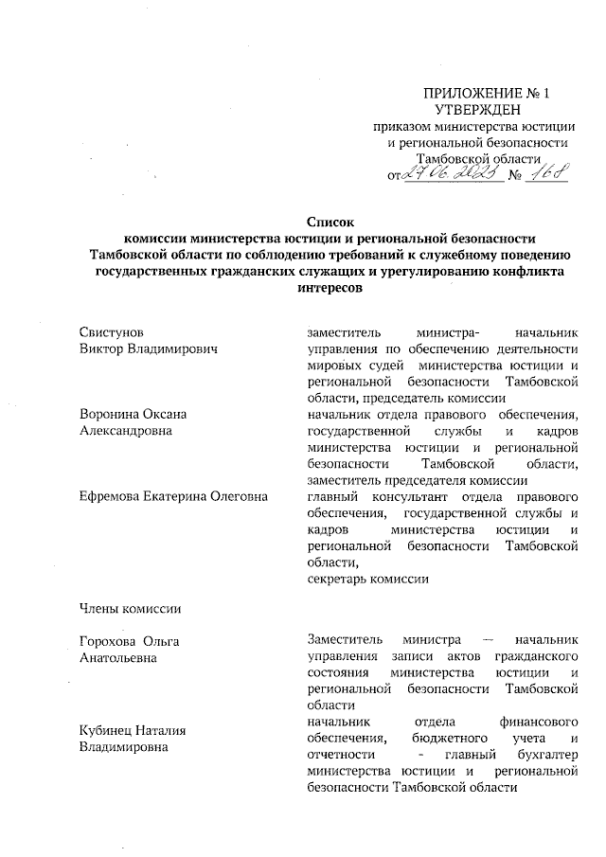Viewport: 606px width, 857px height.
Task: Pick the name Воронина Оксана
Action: coord(132,414)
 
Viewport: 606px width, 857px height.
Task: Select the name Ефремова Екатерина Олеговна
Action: coord(173,496)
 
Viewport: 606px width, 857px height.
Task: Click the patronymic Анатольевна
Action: coord(118,657)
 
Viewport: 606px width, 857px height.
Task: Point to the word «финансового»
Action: coord(539,722)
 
